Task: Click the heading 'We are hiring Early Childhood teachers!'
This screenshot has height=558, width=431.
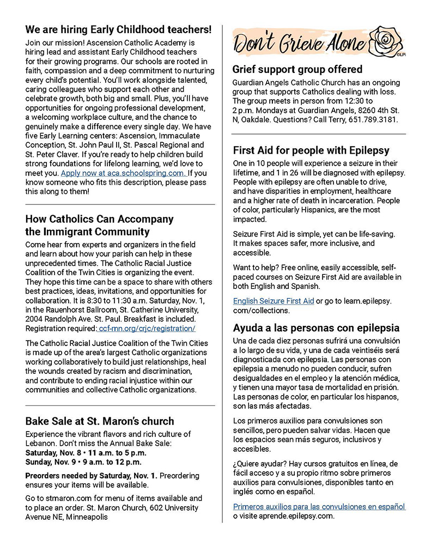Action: click(118, 29)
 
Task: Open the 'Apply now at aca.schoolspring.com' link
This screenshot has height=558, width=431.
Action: click(123, 173)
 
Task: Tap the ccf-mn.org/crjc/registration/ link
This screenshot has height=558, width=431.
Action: click(145, 329)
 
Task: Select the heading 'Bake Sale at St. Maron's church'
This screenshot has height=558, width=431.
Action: click(100, 421)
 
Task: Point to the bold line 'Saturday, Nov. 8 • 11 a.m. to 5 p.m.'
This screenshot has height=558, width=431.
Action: click(86, 453)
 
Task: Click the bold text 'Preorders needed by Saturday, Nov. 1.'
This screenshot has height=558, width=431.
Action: click(92, 476)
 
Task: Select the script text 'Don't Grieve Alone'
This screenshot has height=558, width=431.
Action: click(301, 44)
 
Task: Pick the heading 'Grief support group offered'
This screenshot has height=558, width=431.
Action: click(297, 69)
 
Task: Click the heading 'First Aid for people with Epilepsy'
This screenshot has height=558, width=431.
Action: click(311, 150)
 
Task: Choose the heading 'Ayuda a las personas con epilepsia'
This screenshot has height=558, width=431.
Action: click(316, 328)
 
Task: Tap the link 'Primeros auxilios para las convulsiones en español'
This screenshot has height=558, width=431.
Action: click(319, 506)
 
